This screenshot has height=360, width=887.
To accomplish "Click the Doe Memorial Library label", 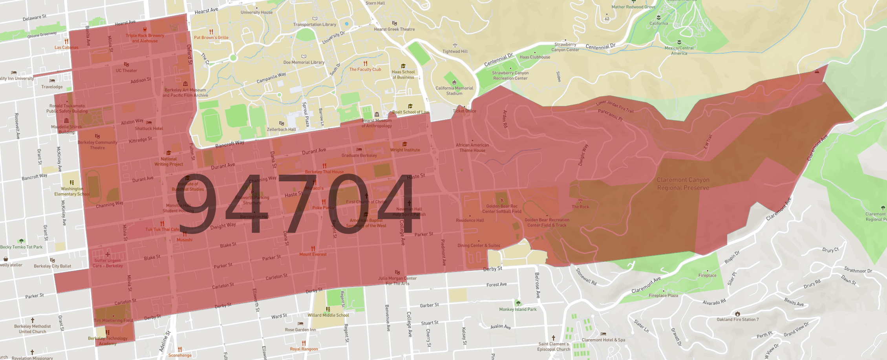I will tap(304, 62).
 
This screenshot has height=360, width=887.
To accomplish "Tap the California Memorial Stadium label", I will tap(454, 91).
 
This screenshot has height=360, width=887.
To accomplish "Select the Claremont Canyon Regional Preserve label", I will tap(683, 184).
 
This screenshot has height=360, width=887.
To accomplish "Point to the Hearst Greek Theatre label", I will tap(394, 29).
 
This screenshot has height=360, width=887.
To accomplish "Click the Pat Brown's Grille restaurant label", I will tap(211, 38).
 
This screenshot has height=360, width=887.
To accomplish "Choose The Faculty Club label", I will tap(365, 69).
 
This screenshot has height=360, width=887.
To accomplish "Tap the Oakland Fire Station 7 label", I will tap(737, 319).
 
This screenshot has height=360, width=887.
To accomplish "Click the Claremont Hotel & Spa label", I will tap(603, 340).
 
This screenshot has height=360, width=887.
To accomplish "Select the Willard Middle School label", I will tap(328, 315).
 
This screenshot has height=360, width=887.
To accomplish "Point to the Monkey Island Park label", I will tap(518, 309).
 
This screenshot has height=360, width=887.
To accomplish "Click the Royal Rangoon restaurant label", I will tap(304, 349).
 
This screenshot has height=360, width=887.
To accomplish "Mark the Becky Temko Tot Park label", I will tap(21, 247).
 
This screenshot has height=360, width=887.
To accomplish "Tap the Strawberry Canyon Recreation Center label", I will tap(510, 75).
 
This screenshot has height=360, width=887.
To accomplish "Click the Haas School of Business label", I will tap(403, 74).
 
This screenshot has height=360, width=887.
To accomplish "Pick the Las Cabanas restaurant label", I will tap(66, 48).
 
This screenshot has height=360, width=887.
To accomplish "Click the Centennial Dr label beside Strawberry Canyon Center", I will tap(600, 47).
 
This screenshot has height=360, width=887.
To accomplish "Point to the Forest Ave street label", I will tap(496, 285).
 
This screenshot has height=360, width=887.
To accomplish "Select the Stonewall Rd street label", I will tap(586, 276).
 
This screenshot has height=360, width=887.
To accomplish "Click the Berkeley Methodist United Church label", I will tap(33, 329).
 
